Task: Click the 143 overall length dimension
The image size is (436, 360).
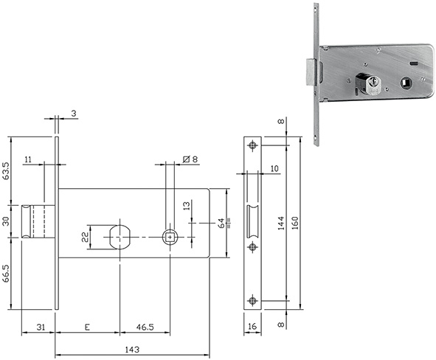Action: (132, 349)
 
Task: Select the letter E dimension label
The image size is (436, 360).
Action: (87, 328)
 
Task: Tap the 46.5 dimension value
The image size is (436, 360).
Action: (145, 328)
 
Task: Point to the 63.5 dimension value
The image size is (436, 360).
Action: (6, 170)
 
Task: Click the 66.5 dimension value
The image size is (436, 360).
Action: (6, 273)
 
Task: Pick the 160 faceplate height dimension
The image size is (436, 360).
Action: (295, 223)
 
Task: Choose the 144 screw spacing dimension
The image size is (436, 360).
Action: (281, 223)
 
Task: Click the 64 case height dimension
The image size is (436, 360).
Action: (221, 224)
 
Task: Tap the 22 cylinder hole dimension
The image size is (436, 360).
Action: (85, 237)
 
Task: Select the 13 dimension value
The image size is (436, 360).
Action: (187, 206)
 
